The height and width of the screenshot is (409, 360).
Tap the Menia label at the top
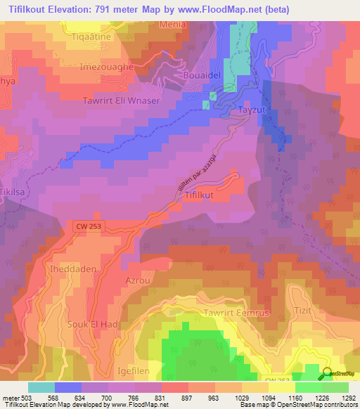coord(172,24)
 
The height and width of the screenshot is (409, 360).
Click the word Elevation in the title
coord(82,8)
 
